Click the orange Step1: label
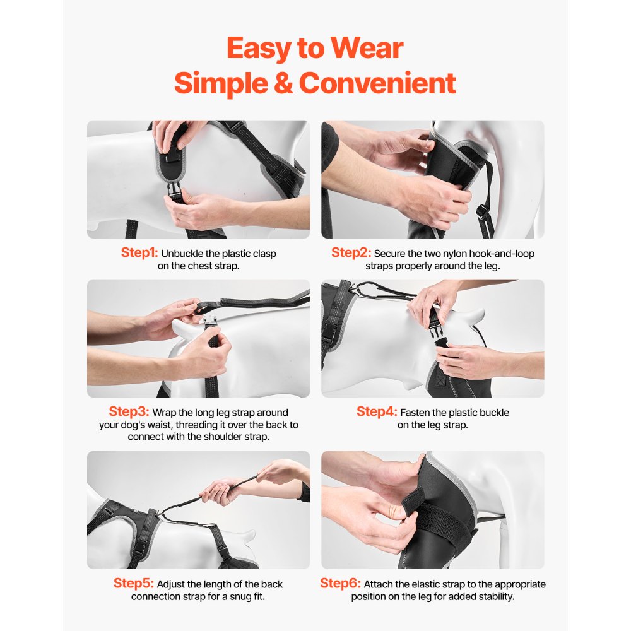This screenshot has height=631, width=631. pos(139,253)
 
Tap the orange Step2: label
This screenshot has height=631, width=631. pos(351,253)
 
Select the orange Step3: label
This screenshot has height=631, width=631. pos(129,412)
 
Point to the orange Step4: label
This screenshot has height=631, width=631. pos(377,412)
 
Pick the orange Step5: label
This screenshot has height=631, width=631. pos(134,584)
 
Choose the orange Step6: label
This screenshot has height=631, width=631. pos(340,584)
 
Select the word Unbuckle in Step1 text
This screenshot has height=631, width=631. pos(182,254)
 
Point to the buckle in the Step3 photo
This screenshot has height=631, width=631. pos(209,326)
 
